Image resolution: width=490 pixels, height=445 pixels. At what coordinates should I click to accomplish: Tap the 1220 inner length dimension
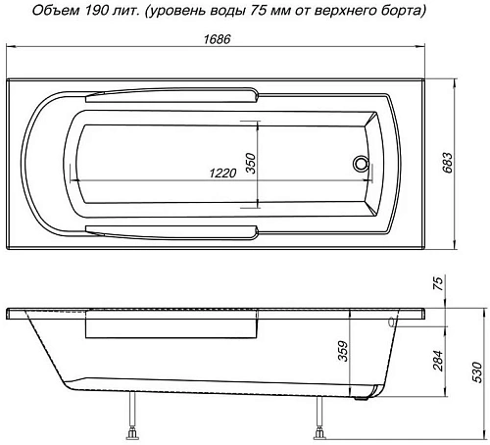(x=224, y=173)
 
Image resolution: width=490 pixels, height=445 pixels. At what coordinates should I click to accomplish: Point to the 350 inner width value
(x=251, y=164)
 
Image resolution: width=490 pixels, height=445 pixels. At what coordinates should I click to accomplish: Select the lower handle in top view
(x=172, y=231)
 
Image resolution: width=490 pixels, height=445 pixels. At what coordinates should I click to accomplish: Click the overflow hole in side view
(x=391, y=321)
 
